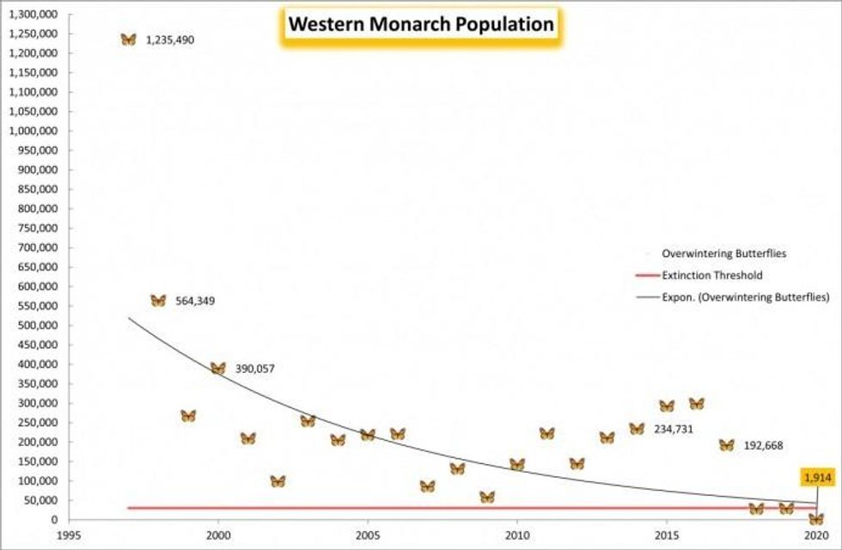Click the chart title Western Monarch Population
click(420, 25)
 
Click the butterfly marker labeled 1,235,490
click(128, 40)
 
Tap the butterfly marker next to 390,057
click(218, 369)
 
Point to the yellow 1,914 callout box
click(816, 477)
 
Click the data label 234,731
click(674, 429)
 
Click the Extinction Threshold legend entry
click(712, 276)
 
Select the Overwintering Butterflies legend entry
click(723, 254)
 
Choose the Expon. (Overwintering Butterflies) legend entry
click(744, 297)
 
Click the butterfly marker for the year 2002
click(278, 481)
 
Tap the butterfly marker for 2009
click(487, 497)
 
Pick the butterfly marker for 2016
click(697, 404)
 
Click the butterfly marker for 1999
click(188, 416)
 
